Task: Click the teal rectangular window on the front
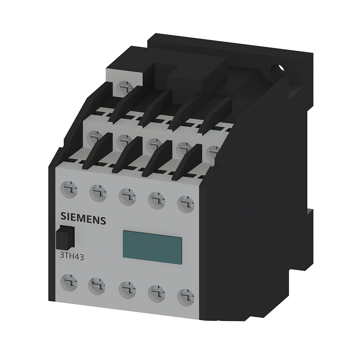(x=152, y=247)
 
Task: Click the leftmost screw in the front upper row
(x=68, y=190)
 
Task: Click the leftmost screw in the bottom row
(x=68, y=283)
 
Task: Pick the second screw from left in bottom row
(x=96, y=286)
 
